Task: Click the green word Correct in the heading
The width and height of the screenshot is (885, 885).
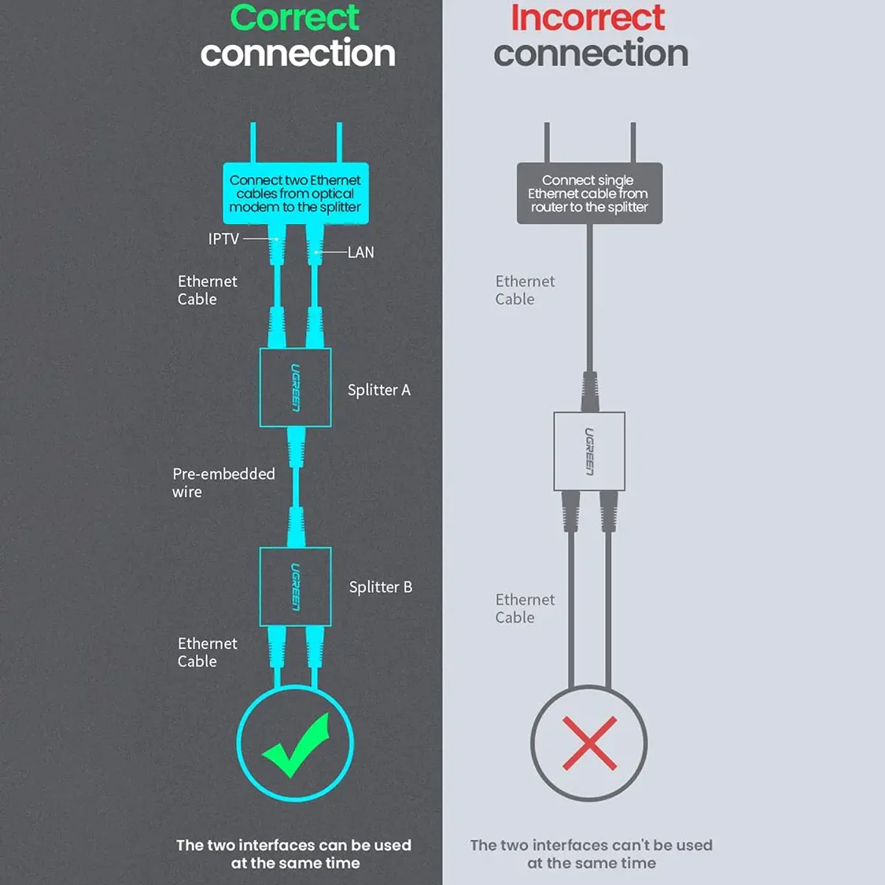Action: pos(295,17)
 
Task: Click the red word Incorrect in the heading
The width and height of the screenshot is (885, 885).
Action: pos(588,17)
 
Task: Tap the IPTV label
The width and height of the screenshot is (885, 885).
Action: pos(223,238)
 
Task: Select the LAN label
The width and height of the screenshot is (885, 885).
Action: pos(360,253)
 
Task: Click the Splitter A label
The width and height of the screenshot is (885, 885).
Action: pos(378,390)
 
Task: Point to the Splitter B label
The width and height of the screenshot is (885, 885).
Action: pos(381,587)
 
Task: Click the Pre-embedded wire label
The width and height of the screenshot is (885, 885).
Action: pos(223,482)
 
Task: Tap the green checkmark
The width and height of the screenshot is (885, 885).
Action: pos(296,745)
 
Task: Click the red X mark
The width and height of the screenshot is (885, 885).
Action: pos(589,744)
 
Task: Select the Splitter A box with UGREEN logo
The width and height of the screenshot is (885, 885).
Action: pos(295,388)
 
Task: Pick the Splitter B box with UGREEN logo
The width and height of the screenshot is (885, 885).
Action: pos(295,586)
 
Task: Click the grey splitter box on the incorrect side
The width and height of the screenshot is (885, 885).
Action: pos(589,451)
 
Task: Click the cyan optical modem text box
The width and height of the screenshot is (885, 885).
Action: pos(296,193)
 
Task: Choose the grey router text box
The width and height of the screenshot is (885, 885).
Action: pos(590,193)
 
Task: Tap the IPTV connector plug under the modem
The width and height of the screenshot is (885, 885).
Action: pos(277,245)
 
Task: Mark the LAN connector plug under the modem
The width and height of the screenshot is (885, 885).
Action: pos(315,245)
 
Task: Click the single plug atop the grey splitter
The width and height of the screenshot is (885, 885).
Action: pos(590,391)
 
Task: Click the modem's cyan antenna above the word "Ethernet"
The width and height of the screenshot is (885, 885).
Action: pos(339,142)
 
